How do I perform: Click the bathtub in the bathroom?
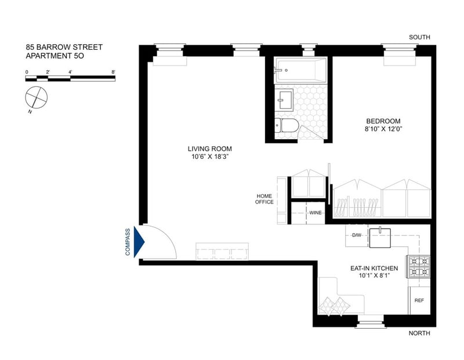(x=301, y=70)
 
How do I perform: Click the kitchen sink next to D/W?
(x=380, y=238)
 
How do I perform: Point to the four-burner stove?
(x=419, y=267)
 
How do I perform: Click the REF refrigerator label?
(x=419, y=300)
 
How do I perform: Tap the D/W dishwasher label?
(x=357, y=235)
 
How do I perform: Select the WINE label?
(x=316, y=213)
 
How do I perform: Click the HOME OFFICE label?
(x=264, y=199)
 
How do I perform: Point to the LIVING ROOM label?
(x=210, y=149)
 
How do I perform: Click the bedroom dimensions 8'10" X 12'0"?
(x=383, y=129)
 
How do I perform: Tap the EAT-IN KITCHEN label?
(x=374, y=268)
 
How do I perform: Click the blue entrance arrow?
(x=139, y=242)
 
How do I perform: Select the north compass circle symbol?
(x=36, y=97)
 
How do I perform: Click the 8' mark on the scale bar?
(x=113, y=72)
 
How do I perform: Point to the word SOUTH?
(x=419, y=37)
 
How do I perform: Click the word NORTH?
(x=419, y=333)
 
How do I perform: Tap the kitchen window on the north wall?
(x=371, y=321)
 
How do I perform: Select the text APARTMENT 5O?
(x=55, y=56)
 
